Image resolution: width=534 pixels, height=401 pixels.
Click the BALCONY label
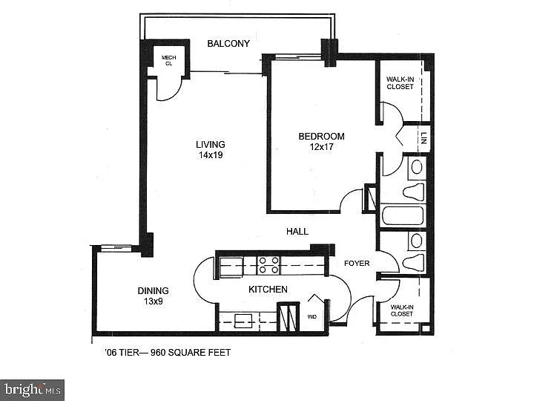click(x=228, y=44)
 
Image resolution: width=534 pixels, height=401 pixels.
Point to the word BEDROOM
click(x=321, y=136)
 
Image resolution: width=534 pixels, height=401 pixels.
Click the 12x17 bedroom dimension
click(x=321, y=147)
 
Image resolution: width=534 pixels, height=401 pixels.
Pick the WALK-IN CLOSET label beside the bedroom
click(x=400, y=82)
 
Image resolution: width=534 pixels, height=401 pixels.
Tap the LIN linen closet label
click(x=423, y=138)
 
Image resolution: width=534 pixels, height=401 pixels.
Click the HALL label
click(x=297, y=232)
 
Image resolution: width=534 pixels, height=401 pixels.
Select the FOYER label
click(x=357, y=263)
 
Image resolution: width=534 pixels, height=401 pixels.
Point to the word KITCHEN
click(x=268, y=289)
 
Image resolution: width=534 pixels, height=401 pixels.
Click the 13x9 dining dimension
click(x=153, y=301)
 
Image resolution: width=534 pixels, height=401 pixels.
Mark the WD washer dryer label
click(x=311, y=316)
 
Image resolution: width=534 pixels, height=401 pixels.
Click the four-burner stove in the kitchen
click(x=268, y=265)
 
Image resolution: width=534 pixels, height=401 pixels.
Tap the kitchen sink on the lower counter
click(x=244, y=320)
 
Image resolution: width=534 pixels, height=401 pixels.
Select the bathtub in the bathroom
click(x=403, y=216)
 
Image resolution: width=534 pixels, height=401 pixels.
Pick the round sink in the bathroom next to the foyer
click(x=416, y=241)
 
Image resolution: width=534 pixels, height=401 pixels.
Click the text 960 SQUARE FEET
click(x=191, y=353)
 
